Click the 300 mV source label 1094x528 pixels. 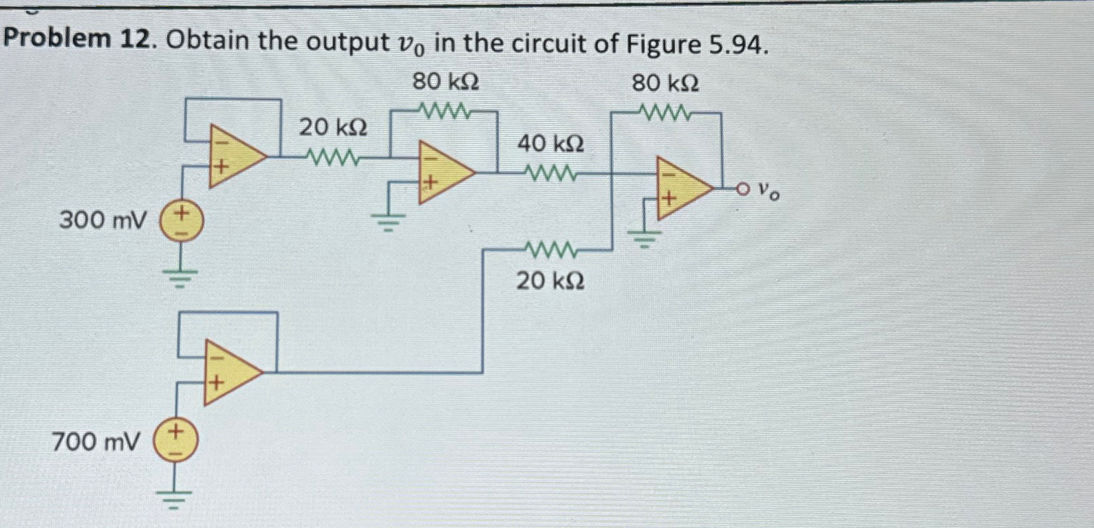coord(103,221)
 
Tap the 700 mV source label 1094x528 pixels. coord(96,441)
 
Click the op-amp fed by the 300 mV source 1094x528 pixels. coord(234,155)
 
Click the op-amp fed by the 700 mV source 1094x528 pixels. coord(230,372)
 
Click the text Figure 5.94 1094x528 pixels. coord(696,44)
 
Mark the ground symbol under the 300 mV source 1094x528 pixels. coord(180,277)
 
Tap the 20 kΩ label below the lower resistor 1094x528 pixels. coord(550,280)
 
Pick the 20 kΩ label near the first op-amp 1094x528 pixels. coord(332,127)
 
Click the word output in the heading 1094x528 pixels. coord(347,43)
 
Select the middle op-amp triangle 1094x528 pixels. coord(443,172)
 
